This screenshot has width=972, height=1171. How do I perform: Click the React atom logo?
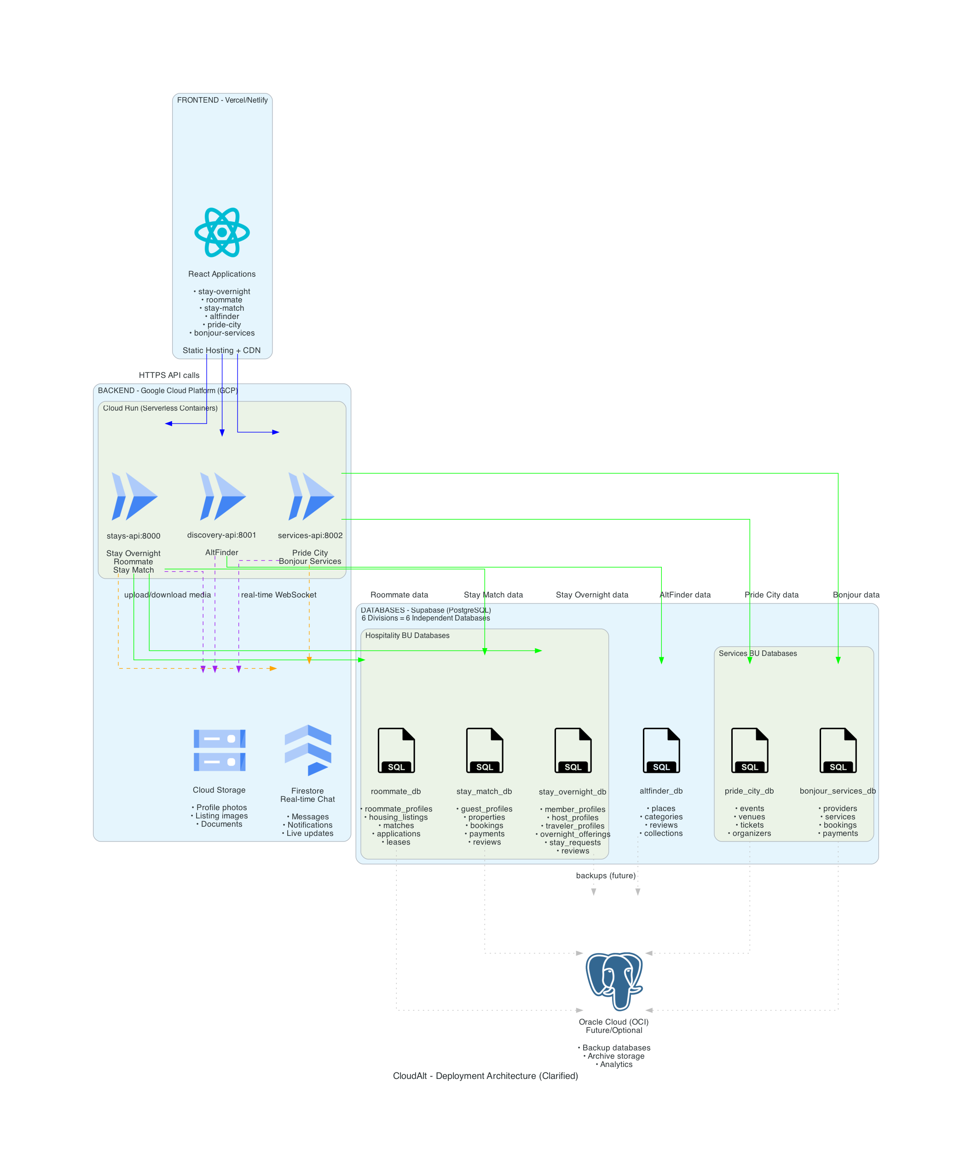[221, 232]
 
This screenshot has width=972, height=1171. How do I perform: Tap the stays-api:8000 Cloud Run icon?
[134, 496]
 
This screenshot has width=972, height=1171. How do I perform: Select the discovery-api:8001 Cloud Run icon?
[222, 496]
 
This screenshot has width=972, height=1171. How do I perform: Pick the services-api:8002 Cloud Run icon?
[311, 496]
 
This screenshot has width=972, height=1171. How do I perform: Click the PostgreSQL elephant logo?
[613, 981]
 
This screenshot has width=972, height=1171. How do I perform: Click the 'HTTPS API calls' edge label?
[169, 375]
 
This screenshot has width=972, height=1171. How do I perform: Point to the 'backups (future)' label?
[606, 875]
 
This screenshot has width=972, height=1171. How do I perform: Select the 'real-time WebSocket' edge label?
[278, 595]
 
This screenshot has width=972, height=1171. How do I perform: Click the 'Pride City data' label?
[771, 595]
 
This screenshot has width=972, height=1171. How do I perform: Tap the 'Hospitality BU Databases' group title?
[407, 636]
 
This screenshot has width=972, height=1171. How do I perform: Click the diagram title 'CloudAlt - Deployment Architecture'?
[485, 1076]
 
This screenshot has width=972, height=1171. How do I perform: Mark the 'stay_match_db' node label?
[484, 791]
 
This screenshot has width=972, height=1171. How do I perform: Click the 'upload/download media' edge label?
[168, 595]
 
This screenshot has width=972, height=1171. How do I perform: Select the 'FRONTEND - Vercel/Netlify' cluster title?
[222, 100]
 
